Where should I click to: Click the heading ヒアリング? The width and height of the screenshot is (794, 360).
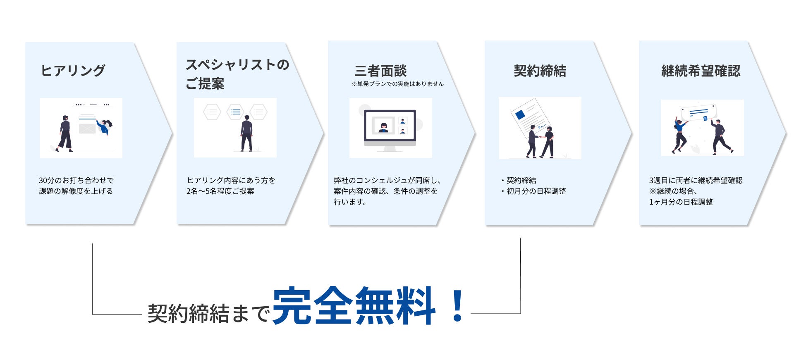(73, 71)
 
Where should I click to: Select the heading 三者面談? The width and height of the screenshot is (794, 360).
(380, 71)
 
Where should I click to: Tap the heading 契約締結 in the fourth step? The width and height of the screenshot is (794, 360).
(540, 71)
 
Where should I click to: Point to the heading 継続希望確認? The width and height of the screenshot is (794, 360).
(701, 71)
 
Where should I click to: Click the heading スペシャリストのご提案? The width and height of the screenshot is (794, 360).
(237, 74)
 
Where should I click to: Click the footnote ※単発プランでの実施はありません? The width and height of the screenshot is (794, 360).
(397, 84)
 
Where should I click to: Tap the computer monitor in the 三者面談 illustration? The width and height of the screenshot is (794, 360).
(390, 126)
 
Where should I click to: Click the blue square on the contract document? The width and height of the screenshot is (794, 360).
(520, 114)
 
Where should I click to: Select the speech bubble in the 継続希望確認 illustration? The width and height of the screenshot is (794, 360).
(698, 112)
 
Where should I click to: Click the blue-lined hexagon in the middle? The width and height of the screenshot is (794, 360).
(235, 112)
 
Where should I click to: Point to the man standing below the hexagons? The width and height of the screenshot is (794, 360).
(246, 133)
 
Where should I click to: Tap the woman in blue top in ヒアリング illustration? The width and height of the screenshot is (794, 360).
(104, 126)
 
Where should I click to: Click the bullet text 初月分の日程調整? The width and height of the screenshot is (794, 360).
(536, 191)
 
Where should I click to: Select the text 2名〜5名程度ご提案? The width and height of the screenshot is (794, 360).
(220, 191)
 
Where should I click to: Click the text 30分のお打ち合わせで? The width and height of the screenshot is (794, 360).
(76, 181)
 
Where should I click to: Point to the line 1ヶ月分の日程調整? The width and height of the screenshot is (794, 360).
(681, 202)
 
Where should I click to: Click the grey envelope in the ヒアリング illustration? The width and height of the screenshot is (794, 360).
(87, 129)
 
